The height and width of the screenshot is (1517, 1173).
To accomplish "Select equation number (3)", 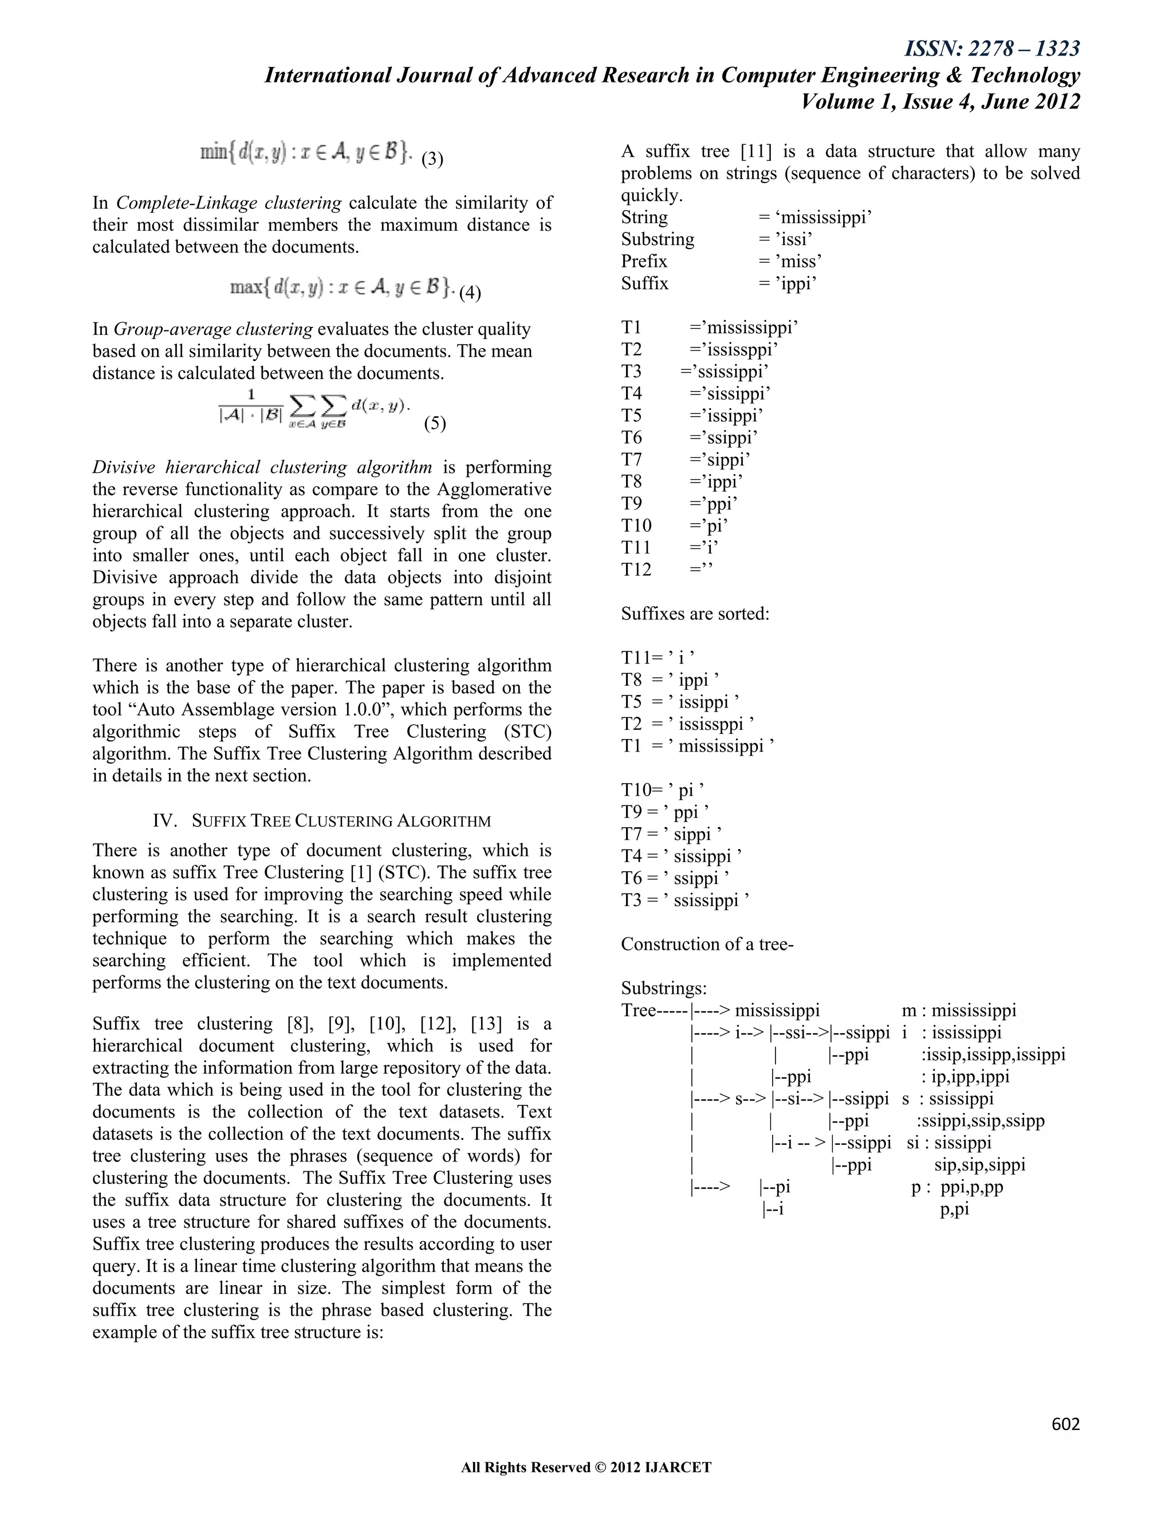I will (x=432, y=159).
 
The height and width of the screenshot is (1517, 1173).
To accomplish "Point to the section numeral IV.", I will (x=163, y=820).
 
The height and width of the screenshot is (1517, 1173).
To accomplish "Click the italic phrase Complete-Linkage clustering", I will (x=229, y=203).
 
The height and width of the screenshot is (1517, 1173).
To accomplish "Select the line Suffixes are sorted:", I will (x=695, y=614).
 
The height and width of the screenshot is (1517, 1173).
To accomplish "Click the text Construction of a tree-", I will (x=707, y=944).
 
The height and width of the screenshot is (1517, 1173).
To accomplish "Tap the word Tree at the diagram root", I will (x=639, y=1010).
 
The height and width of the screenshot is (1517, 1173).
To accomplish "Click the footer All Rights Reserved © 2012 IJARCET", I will (x=586, y=1468).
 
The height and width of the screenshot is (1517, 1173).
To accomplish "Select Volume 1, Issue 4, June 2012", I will (x=940, y=102).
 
